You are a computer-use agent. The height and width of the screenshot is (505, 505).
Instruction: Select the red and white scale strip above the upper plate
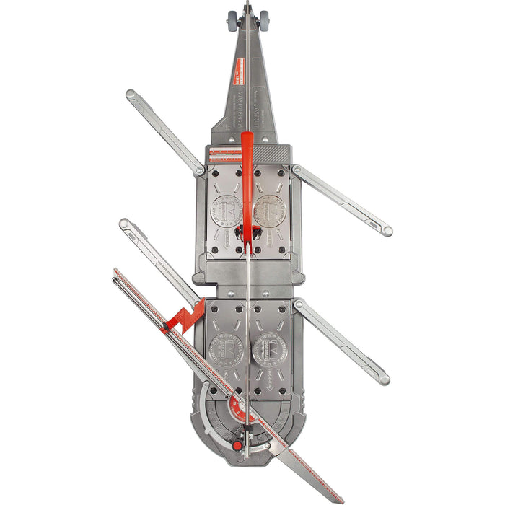[x=224, y=154]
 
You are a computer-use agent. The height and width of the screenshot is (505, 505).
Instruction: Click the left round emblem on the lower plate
[x=225, y=350]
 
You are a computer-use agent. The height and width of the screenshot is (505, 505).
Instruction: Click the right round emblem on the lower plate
[x=269, y=349]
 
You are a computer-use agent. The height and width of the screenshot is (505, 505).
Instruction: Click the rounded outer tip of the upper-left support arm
[x=131, y=94]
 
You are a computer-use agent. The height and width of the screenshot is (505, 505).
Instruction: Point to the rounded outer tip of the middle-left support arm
[x=125, y=224]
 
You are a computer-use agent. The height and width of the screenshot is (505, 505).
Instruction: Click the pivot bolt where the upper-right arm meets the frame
[x=297, y=170]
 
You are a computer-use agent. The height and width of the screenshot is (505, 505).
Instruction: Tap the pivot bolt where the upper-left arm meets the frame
[x=200, y=171]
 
